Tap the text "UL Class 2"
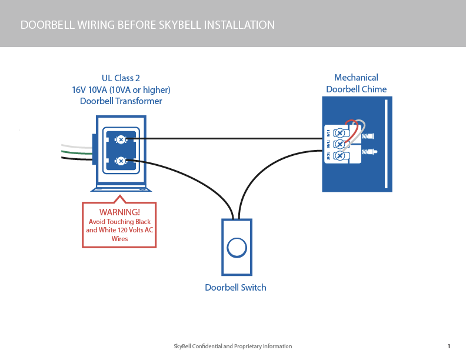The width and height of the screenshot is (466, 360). point(121,78)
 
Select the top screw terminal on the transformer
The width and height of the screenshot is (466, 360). point(121,139)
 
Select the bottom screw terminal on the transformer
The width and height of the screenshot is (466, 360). point(121,161)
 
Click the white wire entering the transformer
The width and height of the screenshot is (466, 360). point(76,146)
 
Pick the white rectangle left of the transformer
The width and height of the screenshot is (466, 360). point(40,142)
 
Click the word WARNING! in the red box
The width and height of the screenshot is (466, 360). point(119,212)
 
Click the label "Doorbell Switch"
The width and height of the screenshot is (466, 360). point(235,288)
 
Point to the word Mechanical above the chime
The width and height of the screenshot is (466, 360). point(356,78)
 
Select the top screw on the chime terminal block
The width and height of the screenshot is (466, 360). point(339,133)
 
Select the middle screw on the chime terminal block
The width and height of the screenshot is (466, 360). point(339,144)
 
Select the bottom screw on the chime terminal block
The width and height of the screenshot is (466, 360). point(339,155)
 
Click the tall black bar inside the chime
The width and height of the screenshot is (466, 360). point(386,144)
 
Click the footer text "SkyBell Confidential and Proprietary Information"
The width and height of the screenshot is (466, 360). point(232,346)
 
